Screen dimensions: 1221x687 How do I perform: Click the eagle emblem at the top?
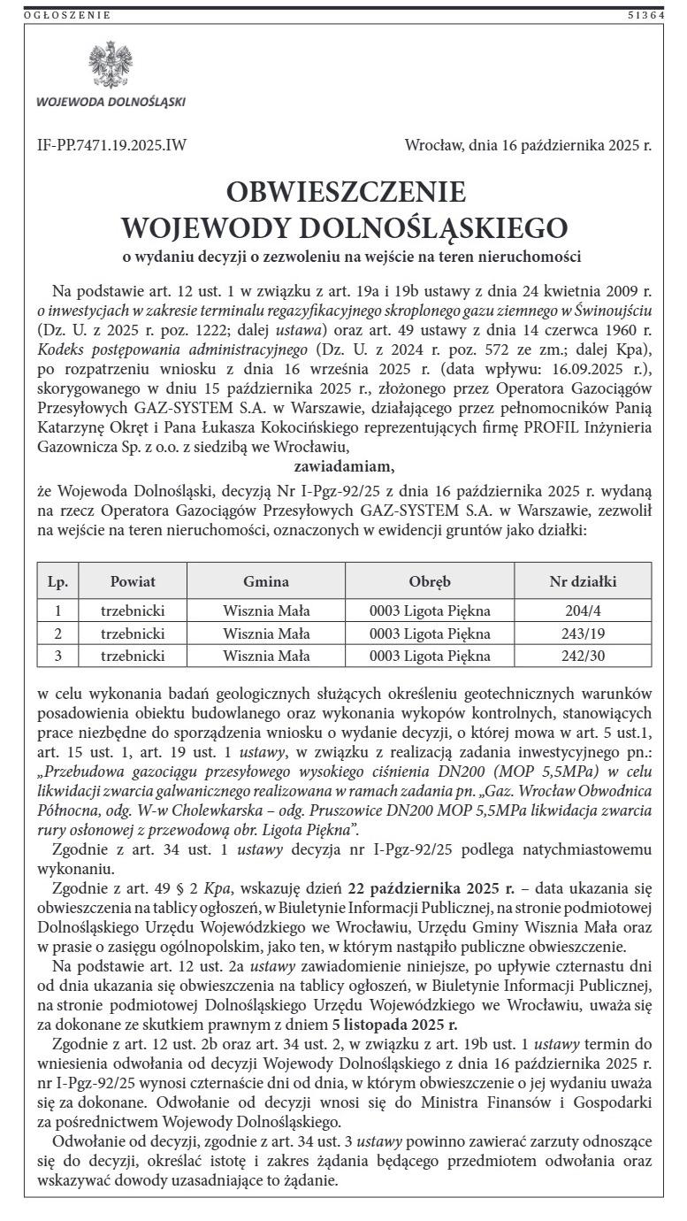(x=111, y=65)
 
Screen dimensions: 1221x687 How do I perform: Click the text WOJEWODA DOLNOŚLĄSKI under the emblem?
(x=111, y=101)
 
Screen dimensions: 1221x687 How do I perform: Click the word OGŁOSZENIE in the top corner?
(x=68, y=15)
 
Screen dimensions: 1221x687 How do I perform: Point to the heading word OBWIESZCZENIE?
(x=346, y=192)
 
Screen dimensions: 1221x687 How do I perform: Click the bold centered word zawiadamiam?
(x=344, y=466)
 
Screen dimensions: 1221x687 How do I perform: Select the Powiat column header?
(x=133, y=581)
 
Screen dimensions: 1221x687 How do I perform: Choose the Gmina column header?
(x=266, y=581)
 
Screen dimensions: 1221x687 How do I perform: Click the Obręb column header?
(x=430, y=581)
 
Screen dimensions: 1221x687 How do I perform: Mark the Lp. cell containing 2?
(x=58, y=634)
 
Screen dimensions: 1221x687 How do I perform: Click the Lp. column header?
(x=58, y=581)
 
